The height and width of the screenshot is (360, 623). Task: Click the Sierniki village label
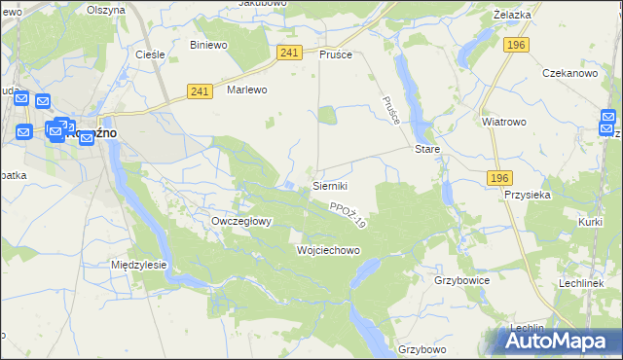click(x=329, y=185)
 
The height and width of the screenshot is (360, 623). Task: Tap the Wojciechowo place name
click(x=328, y=250)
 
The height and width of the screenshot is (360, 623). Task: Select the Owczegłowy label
click(x=240, y=221)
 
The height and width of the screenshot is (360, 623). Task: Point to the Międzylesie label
click(x=139, y=264)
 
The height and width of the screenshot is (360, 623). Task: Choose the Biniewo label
click(x=208, y=45)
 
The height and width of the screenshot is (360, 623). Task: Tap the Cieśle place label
click(x=150, y=54)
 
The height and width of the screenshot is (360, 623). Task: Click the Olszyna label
click(x=106, y=9)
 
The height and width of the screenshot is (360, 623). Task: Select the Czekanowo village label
click(x=569, y=73)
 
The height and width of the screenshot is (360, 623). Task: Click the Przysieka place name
click(x=529, y=194)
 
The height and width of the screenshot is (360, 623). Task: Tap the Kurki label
click(x=590, y=223)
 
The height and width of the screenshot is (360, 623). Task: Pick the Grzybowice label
click(x=461, y=279)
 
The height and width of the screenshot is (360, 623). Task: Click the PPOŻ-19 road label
click(x=347, y=216)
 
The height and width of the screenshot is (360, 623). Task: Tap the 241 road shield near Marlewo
click(x=200, y=91)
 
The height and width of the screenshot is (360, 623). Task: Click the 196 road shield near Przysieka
click(x=499, y=177)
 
